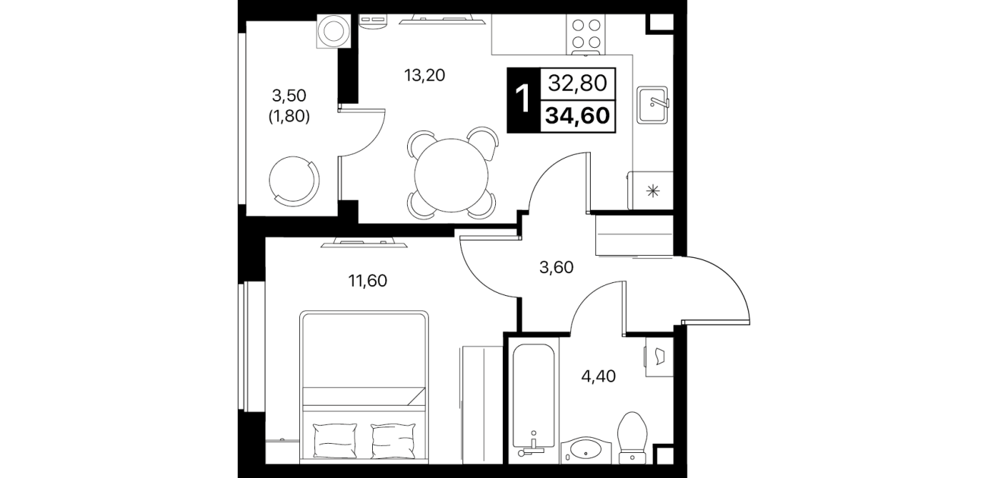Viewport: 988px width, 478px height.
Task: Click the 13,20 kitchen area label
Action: (x=425, y=75)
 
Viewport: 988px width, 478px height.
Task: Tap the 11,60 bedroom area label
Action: (x=368, y=281)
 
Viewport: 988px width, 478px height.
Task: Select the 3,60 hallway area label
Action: (x=556, y=267)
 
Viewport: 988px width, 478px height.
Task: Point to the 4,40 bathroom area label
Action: (x=598, y=376)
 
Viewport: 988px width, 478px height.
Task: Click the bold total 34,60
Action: (x=577, y=116)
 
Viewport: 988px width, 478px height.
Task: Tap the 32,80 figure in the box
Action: (x=577, y=83)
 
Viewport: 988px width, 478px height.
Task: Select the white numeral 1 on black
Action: (x=523, y=99)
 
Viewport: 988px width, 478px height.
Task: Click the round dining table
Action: (x=451, y=175)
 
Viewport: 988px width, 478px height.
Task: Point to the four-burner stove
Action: (x=586, y=34)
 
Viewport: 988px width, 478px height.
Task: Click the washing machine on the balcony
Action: (x=334, y=31)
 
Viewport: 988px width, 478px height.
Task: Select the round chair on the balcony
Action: (x=294, y=181)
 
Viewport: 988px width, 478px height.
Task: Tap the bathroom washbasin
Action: (x=586, y=450)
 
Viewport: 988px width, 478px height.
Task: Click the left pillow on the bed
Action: (x=334, y=441)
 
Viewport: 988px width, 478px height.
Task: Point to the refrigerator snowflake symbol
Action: (x=653, y=190)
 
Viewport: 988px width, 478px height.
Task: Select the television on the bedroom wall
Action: (x=364, y=242)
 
